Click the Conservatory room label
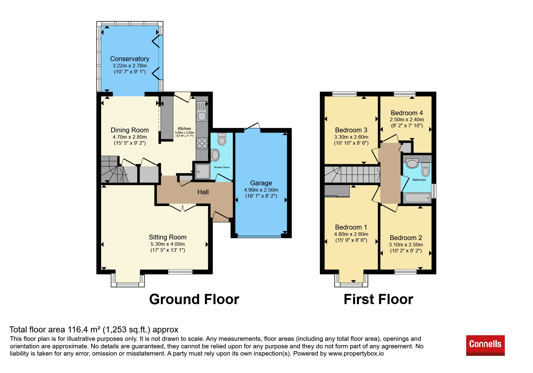point(129,59)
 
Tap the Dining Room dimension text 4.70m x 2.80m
point(130,137)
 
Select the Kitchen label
point(184,128)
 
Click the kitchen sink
point(202,111)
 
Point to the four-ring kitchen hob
point(202,143)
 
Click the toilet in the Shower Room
point(222,139)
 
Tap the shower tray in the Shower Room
point(203,171)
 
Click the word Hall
point(203,192)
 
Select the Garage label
point(261,183)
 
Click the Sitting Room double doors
point(183,208)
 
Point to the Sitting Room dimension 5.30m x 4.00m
point(168,244)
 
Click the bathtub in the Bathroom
point(417,198)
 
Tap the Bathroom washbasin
point(412,164)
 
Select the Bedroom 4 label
point(407,113)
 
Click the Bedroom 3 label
point(351,130)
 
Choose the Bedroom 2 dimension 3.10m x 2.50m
point(406,245)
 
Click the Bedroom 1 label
point(351,227)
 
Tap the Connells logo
point(485,345)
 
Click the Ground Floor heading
point(194,299)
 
